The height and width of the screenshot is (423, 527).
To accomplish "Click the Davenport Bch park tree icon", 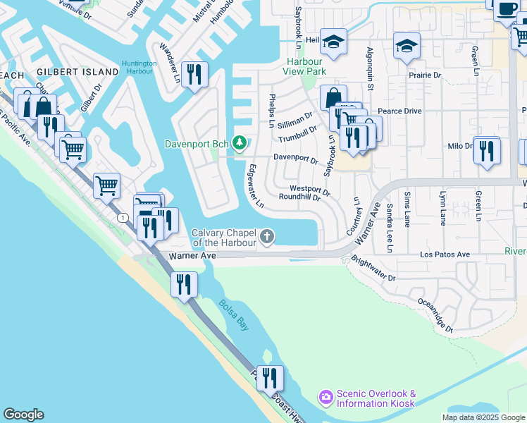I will click(240, 144).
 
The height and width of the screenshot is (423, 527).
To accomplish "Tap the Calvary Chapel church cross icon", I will click(267, 236).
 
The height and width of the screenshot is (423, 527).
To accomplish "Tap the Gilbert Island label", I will click(77, 72).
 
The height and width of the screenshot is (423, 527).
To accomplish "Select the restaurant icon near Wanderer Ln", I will click(194, 73).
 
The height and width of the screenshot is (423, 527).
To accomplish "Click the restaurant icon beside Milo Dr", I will click(487, 150).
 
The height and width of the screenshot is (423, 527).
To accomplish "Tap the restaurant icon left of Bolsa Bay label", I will click(184, 284).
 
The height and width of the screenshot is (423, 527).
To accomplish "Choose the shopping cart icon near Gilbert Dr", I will click(73, 149).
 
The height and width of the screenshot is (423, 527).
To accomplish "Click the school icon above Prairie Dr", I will click(407, 46).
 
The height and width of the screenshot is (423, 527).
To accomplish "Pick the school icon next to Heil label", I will click(333, 42).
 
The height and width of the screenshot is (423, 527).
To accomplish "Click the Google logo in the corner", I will click(23, 415).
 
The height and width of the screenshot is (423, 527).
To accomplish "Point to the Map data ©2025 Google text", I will click(483, 417).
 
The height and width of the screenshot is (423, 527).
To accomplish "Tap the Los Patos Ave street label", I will click(444, 255).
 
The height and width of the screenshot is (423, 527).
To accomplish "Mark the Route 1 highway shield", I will click(124, 217).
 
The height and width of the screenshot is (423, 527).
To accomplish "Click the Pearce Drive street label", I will click(399, 111).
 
